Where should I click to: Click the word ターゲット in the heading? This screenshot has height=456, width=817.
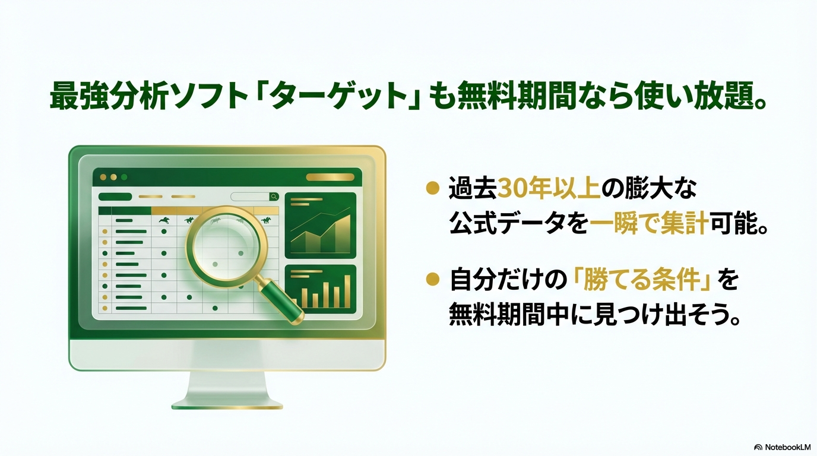[340, 96]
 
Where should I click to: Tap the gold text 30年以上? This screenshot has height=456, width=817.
[549, 189]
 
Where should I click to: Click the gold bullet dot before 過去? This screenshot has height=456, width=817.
[433, 189]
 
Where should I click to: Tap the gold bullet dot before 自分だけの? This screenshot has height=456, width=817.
[433, 280]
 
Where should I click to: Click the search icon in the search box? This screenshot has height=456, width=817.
[274, 197]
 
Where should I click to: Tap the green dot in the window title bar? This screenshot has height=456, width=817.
[124, 178]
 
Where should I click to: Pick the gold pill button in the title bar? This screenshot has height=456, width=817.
[330, 178]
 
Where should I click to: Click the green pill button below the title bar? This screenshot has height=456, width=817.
[115, 197]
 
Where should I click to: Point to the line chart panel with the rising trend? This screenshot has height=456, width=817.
[321, 226]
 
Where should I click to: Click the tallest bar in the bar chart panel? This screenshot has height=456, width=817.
[347, 292]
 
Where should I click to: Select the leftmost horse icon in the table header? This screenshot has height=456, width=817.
[164, 220]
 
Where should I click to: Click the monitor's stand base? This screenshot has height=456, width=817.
[227, 406]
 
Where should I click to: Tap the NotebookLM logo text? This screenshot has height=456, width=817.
[783, 447]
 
